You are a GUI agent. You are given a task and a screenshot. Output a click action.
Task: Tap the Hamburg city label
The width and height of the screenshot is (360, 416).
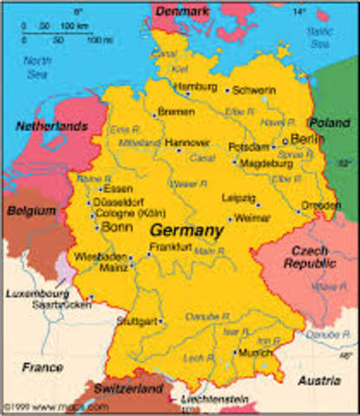(195, 87)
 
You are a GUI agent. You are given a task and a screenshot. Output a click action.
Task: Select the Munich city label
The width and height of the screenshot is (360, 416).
(255, 353)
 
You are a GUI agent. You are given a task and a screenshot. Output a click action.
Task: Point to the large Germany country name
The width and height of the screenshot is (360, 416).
(186, 231)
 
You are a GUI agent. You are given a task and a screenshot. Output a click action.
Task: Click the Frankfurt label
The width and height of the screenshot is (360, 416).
(168, 246)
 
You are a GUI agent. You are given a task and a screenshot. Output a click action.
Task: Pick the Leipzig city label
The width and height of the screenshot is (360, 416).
(239, 198)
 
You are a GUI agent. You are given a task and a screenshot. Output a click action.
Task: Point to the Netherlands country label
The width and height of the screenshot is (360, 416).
(52, 127)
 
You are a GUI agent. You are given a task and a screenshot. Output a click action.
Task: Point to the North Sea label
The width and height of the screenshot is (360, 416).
(37, 67)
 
